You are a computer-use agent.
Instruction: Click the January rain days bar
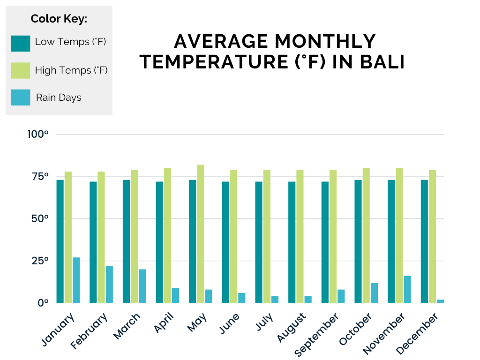76,280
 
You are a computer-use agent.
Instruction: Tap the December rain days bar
440,301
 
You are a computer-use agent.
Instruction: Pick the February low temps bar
93,242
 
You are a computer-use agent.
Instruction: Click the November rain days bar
407,289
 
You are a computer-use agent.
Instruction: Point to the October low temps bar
358,241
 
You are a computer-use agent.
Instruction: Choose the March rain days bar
142,286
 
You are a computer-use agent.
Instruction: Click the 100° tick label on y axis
38,135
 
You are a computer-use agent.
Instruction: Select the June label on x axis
229,323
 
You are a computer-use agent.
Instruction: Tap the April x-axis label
164,323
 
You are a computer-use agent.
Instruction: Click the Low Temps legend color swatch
21,43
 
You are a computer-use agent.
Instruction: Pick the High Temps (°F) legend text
71,70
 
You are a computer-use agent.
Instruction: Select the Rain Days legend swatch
21,97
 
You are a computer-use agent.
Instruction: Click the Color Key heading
59,19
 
